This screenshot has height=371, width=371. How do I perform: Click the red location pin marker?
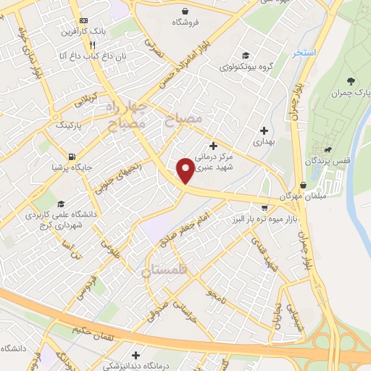(185, 170)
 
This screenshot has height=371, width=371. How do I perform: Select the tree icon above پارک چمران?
(351, 81)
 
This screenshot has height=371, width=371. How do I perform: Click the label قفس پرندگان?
(327, 160)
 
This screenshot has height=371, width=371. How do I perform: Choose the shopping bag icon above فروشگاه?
(187, 11)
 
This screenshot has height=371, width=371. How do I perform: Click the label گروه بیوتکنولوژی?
(246, 67)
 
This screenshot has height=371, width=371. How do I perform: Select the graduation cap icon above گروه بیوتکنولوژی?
(246, 55)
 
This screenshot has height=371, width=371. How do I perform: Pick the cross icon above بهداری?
(263, 130)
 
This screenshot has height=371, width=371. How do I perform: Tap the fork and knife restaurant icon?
(91, 44)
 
